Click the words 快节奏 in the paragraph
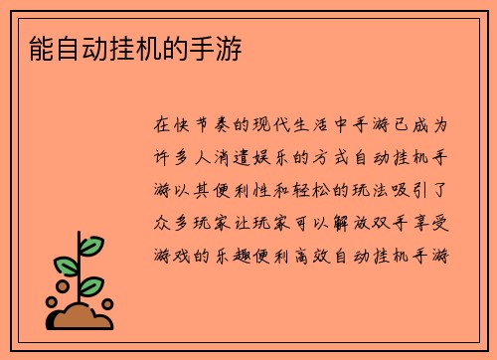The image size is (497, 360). (x=203, y=127)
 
